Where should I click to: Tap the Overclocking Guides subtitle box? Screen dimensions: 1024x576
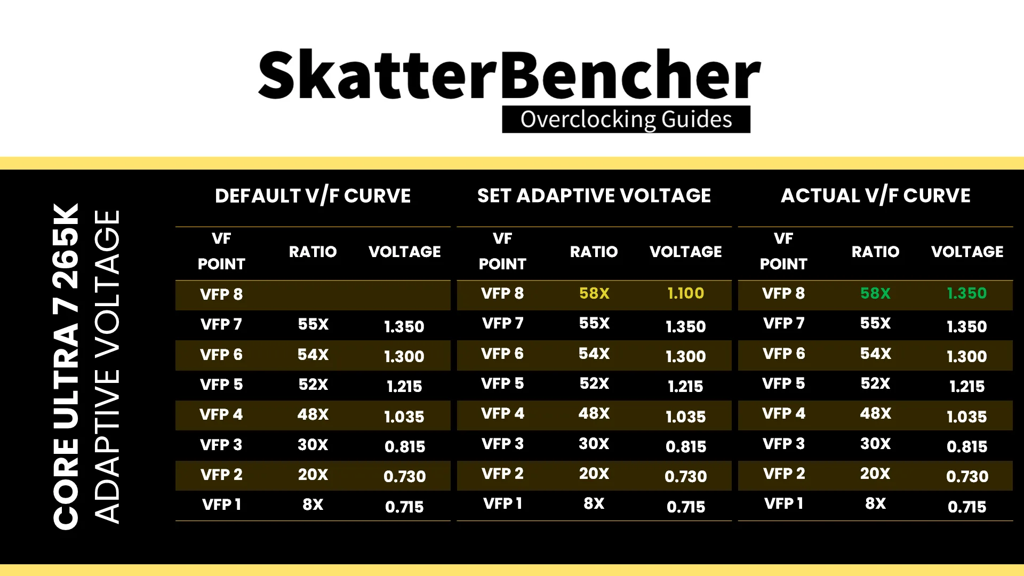(x=626, y=119)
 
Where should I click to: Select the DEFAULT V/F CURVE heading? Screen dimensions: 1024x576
(x=313, y=196)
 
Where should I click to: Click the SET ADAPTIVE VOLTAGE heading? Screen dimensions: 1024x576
(x=594, y=196)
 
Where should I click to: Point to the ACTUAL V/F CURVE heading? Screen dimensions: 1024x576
(x=876, y=196)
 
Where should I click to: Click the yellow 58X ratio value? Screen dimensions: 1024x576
(x=594, y=293)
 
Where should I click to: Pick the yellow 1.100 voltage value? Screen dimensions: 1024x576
(x=686, y=293)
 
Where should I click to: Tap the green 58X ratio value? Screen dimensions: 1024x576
(x=875, y=293)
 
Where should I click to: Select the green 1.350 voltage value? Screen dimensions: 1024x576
(x=967, y=293)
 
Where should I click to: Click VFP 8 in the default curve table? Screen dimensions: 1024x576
(x=221, y=294)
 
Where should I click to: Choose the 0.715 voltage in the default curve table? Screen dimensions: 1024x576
(x=404, y=507)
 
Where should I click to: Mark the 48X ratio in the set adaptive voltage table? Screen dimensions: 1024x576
(x=594, y=413)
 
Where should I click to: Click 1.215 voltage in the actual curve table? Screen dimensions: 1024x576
(x=967, y=386)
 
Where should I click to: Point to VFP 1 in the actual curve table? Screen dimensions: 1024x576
(x=783, y=503)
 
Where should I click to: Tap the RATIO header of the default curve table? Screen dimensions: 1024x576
(x=313, y=252)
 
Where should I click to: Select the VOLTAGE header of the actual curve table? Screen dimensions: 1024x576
(x=967, y=252)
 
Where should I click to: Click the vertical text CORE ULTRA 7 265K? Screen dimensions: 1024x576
(x=66, y=366)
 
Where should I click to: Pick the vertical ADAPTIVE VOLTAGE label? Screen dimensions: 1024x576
(x=107, y=366)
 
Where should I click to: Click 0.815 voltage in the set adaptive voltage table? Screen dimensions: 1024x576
(x=686, y=446)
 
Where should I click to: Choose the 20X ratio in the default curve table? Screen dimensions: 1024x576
(x=313, y=475)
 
